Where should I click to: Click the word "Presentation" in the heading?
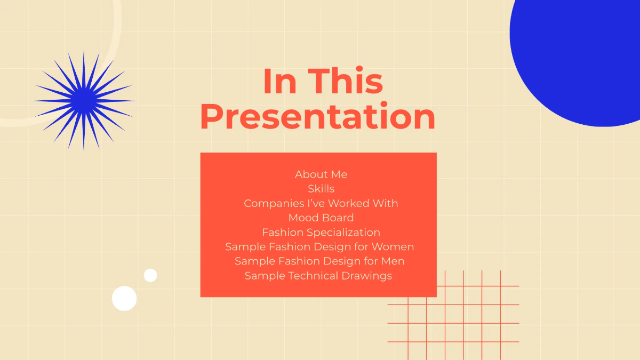318,117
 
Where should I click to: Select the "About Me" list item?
321,174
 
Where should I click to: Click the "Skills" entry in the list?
321,189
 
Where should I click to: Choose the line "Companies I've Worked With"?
321,203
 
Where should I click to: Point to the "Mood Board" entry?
321,218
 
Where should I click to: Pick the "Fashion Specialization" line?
321,233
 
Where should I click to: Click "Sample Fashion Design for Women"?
319,247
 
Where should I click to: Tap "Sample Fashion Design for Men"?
319,261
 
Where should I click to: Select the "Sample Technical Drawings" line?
318,276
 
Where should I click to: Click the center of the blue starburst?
84,100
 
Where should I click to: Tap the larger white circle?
124,298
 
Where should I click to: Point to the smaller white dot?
150,275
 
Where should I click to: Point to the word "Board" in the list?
337,218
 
